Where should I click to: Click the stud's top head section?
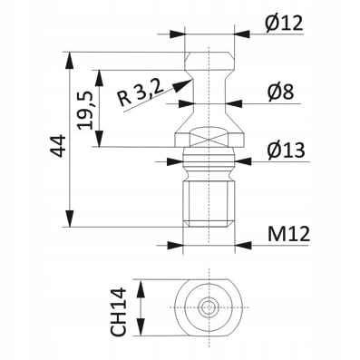(x=209, y=45)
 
